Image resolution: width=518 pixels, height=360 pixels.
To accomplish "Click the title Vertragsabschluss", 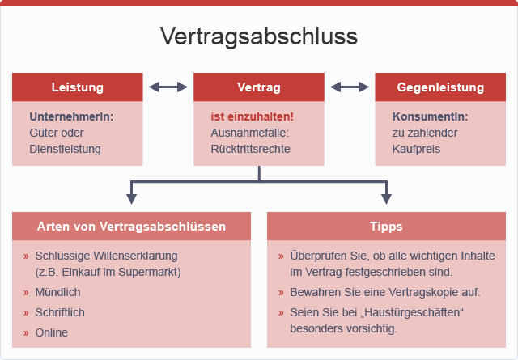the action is click(x=259, y=36).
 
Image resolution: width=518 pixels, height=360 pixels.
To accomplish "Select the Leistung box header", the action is click(x=78, y=87).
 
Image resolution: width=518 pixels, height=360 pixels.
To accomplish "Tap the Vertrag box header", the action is click(x=259, y=87).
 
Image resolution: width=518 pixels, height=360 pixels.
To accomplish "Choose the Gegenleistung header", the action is click(x=440, y=87).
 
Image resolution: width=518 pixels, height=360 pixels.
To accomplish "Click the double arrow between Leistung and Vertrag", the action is click(x=168, y=87).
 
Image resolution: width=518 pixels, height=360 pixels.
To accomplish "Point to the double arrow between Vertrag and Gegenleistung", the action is click(x=350, y=87).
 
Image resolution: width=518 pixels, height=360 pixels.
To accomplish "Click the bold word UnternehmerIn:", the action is click(x=71, y=116).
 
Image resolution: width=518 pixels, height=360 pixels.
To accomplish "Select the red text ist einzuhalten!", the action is click(x=252, y=116).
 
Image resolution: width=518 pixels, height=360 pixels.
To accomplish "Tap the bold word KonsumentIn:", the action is click(x=430, y=116).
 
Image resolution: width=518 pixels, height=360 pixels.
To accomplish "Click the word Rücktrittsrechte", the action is click(x=250, y=149).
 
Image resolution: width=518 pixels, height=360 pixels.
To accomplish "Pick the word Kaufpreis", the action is click(x=416, y=149).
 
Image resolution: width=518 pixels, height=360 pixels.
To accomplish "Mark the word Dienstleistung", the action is click(x=65, y=149).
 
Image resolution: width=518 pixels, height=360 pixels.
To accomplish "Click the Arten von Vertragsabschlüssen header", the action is click(x=131, y=227).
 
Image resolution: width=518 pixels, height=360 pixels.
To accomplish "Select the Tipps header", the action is click(x=386, y=227).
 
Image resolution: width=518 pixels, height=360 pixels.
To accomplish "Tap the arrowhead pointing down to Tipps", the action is click(x=386, y=199).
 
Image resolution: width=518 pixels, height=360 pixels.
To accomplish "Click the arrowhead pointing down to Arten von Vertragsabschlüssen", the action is click(x=131, y=199).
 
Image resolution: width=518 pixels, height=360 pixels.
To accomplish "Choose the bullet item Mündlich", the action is click(x=57, y=292).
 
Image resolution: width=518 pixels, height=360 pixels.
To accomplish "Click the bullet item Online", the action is click(x=52, y=332).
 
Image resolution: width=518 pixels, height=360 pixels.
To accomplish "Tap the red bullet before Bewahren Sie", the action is click(x=281, y=293).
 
